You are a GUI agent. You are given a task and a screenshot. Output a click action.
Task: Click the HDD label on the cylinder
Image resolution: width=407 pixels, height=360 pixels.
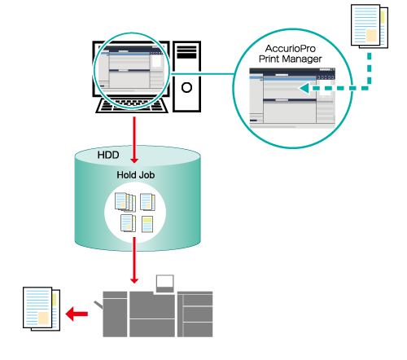[x=108, y=155]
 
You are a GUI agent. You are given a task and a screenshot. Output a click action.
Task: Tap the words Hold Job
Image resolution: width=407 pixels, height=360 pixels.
[x=136, y=175]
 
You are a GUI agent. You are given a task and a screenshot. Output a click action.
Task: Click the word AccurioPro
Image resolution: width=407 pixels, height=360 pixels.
[x=291, y=49]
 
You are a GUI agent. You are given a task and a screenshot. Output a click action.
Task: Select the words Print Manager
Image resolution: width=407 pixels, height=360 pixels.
[x=291, y=59]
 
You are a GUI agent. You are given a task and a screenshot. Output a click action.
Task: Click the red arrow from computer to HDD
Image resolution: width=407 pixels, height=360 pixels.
[x=134, y=140]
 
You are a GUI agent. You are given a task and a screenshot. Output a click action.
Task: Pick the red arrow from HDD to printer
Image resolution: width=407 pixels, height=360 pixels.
[x=134, y=260]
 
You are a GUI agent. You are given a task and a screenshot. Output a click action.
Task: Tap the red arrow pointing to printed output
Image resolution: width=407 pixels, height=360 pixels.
[x=77, y=314]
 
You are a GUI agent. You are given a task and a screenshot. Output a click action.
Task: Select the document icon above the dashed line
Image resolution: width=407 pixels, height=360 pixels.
[x=370, y=26]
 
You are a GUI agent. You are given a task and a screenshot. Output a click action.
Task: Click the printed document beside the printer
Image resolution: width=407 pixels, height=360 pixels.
[x=42, y=309]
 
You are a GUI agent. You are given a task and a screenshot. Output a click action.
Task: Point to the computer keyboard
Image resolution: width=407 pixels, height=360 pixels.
[x=132, y=106]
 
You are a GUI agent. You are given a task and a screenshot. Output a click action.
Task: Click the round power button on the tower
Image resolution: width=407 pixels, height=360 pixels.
[x=186, y=87]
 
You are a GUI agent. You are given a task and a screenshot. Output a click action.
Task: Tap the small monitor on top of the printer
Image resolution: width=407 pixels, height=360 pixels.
[x=165, y=283]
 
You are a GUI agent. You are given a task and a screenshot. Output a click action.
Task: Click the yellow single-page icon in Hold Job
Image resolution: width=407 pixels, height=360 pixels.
[x=147, y=224]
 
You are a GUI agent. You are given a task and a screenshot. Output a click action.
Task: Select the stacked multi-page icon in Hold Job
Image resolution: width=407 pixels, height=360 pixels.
[x=125, y=202]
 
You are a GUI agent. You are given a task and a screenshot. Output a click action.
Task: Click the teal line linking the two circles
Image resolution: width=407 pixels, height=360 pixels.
[x=201, y=73]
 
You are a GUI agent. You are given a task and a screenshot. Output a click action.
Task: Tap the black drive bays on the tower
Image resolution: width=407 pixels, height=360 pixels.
[x=186, y=52]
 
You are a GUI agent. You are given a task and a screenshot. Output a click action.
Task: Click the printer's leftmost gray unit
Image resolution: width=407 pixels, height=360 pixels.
[x=115, y=314]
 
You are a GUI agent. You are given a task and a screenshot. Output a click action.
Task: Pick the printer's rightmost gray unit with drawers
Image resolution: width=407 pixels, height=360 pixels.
[x=195, y=314]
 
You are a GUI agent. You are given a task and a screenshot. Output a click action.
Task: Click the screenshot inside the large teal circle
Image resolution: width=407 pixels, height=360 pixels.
[x=292, y=98]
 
